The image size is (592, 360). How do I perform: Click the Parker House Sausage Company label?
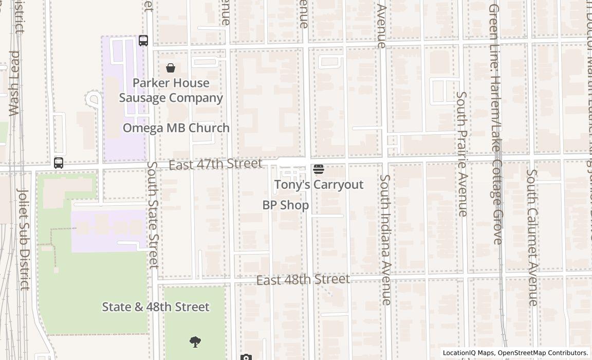point(171,91)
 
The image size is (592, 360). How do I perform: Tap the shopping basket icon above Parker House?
point(171,68)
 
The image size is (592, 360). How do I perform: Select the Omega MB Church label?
point(176,128)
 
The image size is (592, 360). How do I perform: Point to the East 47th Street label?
point(215,164)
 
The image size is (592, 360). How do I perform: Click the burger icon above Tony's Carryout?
point(319,169)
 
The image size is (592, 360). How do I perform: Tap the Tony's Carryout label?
point(319,185)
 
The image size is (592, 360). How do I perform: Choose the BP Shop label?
point(286,205)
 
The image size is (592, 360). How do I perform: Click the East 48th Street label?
point(303,280)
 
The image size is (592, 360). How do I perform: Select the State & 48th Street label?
point(156,307)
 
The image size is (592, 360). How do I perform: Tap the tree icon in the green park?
point(195,341)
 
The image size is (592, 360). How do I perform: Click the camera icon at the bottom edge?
point(246,357)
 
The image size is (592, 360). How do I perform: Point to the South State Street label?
point(153,215)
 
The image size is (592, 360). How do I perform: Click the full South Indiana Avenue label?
point(386,240)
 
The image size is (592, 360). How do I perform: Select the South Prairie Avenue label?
point(462,154)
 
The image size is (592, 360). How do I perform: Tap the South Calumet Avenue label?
point(532,238)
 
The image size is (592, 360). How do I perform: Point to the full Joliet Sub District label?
point(24,239)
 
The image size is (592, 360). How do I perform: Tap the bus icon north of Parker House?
point(143,41)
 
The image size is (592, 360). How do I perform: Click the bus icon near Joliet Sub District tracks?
point(59,163)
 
